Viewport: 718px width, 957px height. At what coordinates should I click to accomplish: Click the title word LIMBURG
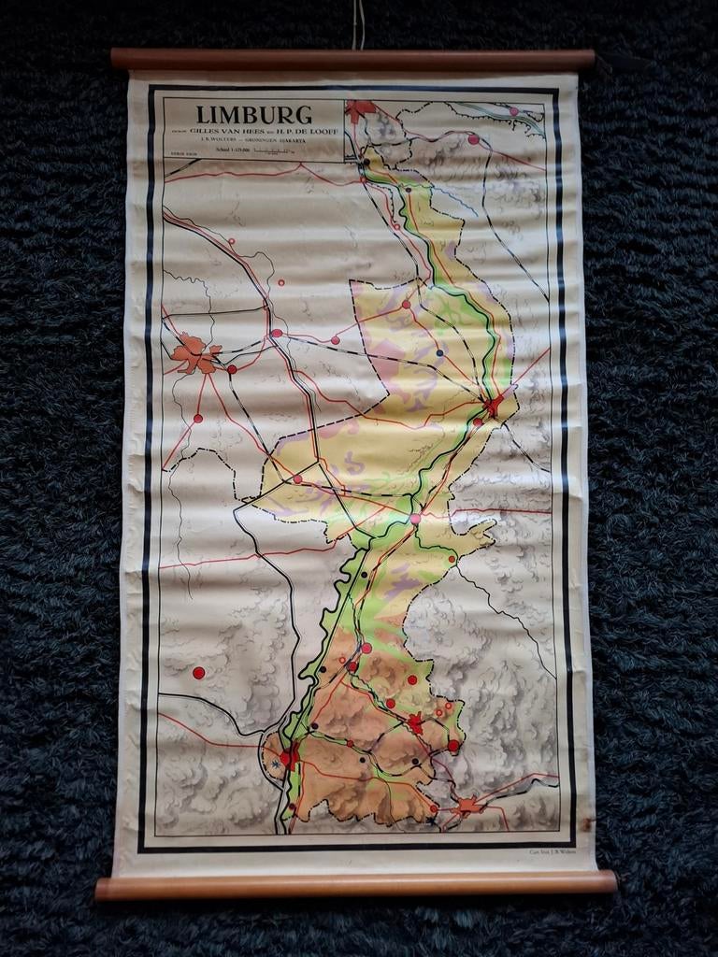pos(254,115)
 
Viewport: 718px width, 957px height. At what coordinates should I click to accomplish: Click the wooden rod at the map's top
pos(352,60)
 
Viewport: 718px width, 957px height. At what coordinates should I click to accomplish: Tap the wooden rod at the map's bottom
pos(355,884)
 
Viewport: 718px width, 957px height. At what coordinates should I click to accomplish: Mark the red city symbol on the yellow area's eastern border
pos(494,406)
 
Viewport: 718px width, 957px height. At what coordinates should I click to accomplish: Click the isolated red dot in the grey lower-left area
pos(198,672)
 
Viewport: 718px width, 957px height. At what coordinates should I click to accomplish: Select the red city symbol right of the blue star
pos(290,755)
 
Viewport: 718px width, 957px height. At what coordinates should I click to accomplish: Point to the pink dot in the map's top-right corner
pos(513,111)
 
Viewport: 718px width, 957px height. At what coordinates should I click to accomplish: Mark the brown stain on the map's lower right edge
pos(586,823)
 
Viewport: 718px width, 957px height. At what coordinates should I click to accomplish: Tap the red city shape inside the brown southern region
pos(415,722)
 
